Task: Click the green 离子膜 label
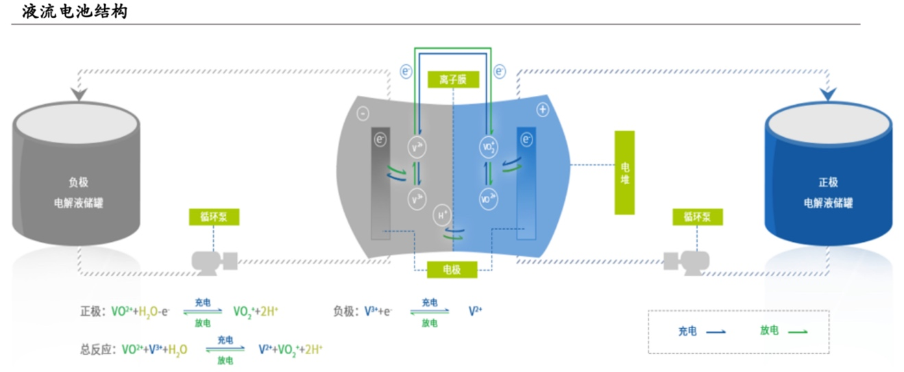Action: [x=452, y=79]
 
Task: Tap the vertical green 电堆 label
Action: [x=624, y=173]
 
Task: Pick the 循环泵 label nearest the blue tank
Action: [x=697, y=217]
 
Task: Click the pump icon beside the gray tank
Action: [x=214, y=261]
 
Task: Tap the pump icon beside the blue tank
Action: [x=686, y=261]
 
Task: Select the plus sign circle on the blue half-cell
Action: [x=543, y=110]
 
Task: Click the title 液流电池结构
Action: [x=75, y=11]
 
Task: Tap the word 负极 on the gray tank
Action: [x=79, y=183]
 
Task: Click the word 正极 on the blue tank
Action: [x=828, y=183]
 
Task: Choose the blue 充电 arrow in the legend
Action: [x=716, y=332]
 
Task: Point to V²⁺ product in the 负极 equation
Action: [x=476, y=311]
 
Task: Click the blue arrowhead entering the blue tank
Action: [x=828, y=94]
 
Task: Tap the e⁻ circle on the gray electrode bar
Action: [x=380, y=140]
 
